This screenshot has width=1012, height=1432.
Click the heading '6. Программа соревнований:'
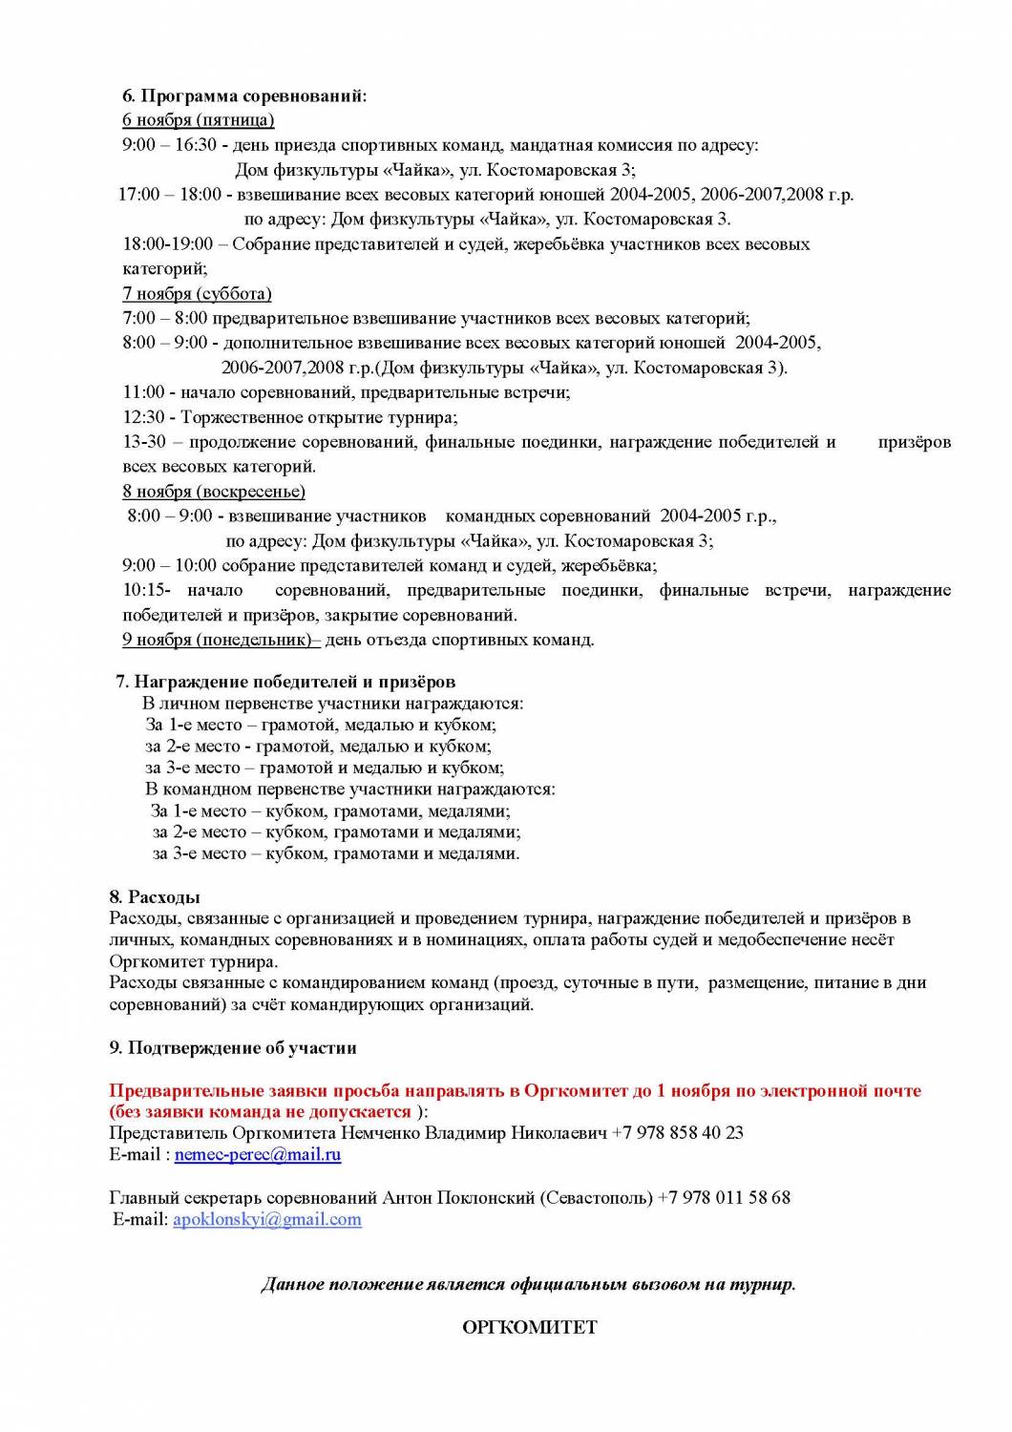(244, 95)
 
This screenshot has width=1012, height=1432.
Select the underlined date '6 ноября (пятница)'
(198, 119)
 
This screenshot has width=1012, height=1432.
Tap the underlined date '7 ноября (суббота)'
(197, 293)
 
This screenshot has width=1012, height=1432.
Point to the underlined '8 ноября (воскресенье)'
(214, 492)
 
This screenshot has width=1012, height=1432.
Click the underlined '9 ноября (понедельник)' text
(219, 640)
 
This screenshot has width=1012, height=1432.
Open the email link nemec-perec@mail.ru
(258, 1154)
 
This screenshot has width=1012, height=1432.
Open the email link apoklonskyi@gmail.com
(266, 1219)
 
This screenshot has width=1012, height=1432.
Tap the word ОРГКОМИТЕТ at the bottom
(529, 1327)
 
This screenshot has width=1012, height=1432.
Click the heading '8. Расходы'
(155, 897)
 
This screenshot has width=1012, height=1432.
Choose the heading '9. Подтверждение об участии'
(233, 1047)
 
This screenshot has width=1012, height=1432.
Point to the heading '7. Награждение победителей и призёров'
(285, 682)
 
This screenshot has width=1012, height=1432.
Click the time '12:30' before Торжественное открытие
(143, 417)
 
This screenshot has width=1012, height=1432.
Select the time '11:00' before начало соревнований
(143, 392)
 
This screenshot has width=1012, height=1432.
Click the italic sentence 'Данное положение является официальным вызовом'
(528, 1284)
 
